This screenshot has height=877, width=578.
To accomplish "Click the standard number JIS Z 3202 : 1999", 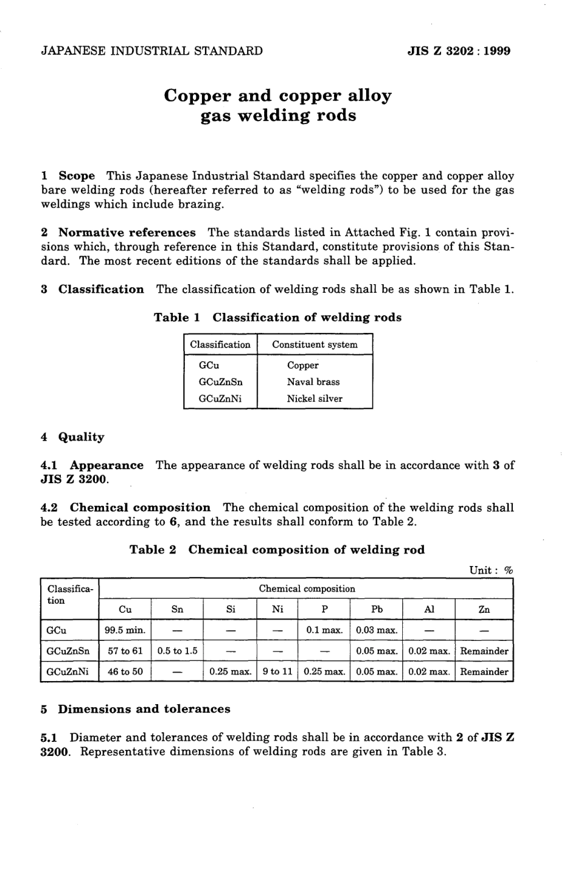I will [458, 51].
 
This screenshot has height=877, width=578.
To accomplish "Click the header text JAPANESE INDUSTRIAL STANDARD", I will [151, 51].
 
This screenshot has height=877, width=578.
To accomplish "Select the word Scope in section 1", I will [77, 176].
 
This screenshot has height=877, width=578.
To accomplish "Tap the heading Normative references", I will [127, 232].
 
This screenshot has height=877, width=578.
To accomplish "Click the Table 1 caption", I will [277, 318].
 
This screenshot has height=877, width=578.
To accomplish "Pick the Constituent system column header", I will [315, 344].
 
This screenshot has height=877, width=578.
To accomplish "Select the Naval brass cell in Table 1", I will [313, 382].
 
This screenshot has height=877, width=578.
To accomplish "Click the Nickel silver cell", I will [315, 399].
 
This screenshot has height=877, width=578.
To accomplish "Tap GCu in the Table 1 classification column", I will [209, 366].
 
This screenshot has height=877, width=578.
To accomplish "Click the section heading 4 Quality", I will [72, 437].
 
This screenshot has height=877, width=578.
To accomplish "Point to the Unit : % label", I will [491, 570].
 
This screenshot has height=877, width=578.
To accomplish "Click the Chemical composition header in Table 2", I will [307, 589].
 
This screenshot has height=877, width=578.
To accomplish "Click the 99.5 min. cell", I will [125, 631].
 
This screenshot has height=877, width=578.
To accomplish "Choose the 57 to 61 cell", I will [125, 651].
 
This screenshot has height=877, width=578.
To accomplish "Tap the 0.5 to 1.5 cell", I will [177, 651].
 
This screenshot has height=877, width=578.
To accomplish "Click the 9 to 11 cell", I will [277, 672].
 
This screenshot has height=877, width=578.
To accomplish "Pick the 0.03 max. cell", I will [377, 631].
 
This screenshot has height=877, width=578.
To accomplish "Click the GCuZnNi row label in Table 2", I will [68, 672].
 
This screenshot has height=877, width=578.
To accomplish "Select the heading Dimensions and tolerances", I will [144, 709].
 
